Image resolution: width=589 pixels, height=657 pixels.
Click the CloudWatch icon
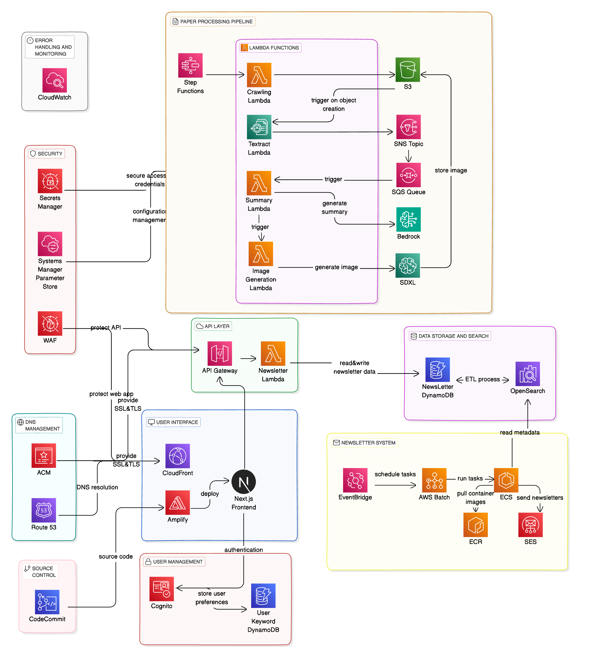click(x=54, y=80)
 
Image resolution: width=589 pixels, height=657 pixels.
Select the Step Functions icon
click(x=190, y=65)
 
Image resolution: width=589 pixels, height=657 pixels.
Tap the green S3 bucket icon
click(x=407, y=70)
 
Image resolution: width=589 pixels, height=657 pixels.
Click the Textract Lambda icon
click(x=259, y=127)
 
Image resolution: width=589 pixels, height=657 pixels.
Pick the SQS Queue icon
click(x=408, y=175)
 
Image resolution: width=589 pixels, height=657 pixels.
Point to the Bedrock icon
click(x=408, y=219)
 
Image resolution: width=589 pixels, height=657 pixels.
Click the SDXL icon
click(x=407, y=265)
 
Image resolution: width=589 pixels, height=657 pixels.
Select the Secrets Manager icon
click(x=50, y=181)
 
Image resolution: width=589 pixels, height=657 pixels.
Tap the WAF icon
click(x=50, y=323)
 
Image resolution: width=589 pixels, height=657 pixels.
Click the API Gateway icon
click(x=220, y=353)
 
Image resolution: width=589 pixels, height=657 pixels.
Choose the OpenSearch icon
click(x=528, y=374)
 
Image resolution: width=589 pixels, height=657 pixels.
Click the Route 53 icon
click(x=44, y=510)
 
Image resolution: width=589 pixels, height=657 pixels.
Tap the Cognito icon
click(x=162, y=589)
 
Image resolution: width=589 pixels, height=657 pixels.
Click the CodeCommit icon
click(x=47, y=602)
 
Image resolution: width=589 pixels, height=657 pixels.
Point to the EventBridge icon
click(x=355, y=480)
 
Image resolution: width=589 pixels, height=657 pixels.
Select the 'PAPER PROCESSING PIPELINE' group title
click(x=216, y=22)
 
